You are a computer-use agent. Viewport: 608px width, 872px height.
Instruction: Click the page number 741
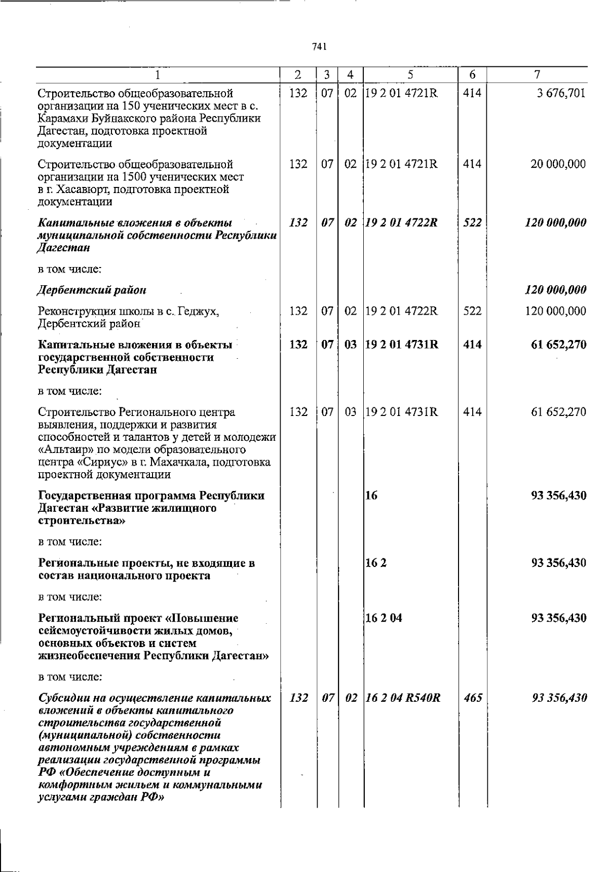coord(319,47)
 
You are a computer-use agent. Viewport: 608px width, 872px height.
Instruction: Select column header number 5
coord(410,75)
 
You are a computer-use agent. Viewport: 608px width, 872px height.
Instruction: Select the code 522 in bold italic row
coord(472,222)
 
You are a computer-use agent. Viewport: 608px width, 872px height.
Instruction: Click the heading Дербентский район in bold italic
coord(92,290)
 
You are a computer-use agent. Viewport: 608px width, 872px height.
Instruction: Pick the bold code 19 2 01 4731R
coord(402,345)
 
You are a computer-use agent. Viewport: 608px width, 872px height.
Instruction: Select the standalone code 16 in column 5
coord(371,496)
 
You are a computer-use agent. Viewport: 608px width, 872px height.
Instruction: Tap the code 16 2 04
coord(384,618)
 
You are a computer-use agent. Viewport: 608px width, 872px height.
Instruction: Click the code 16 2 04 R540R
coord(403,698)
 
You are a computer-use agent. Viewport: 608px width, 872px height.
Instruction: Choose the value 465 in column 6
coord(472,698)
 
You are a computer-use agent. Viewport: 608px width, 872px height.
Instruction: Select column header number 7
coord(537,75)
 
